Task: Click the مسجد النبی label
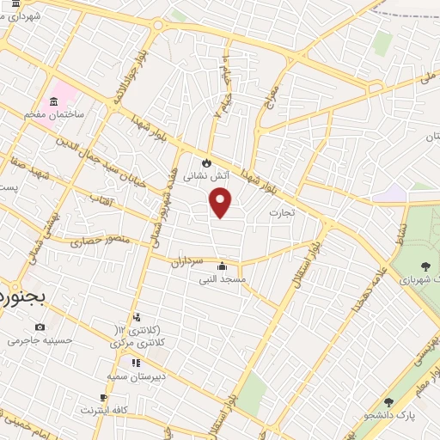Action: (x=223, y=278)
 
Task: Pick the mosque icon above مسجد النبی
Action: (x=223, y=266)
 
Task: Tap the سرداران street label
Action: (x=185, y=262)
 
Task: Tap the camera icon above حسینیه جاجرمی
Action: (x=40, y=327)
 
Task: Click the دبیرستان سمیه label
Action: (x=136, y=376)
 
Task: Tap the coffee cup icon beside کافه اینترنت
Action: (x=104, y=397)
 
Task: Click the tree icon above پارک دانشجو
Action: (x=388, y=402)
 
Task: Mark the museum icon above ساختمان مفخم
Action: (x=56, y=103)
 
